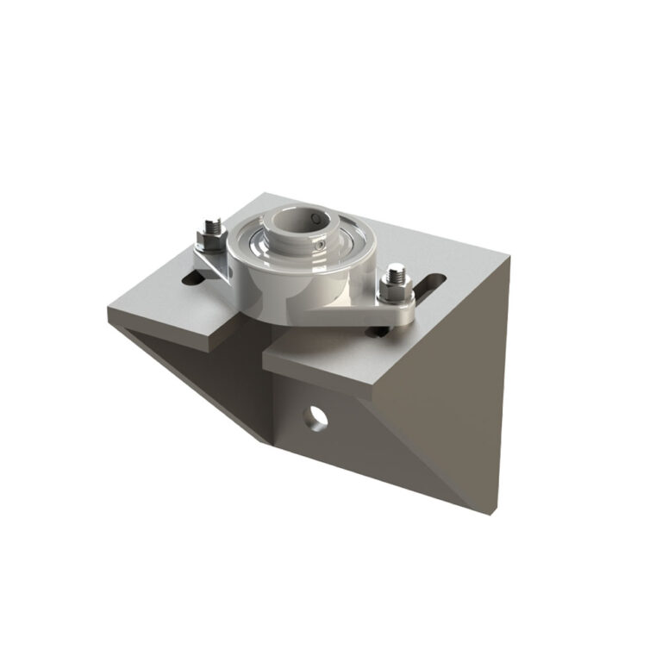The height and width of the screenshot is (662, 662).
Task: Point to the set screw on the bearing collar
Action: point(320,247)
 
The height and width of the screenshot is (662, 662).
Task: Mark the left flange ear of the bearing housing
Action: point(207,264)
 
